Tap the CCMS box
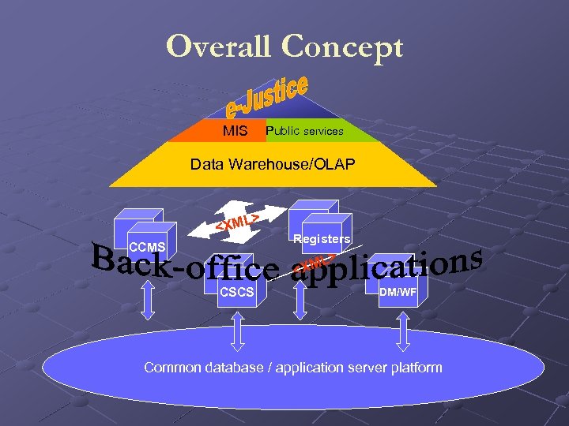click(x=145, y=237)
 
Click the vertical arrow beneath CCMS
click(x=148, y=301)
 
